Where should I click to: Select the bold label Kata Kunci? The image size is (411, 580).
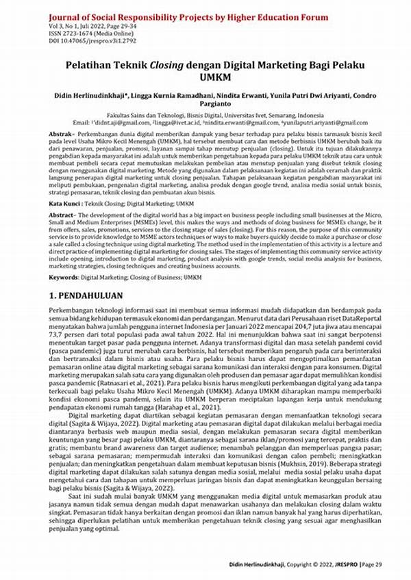coord(70,203)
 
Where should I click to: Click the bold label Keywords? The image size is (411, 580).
coord(69,278)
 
